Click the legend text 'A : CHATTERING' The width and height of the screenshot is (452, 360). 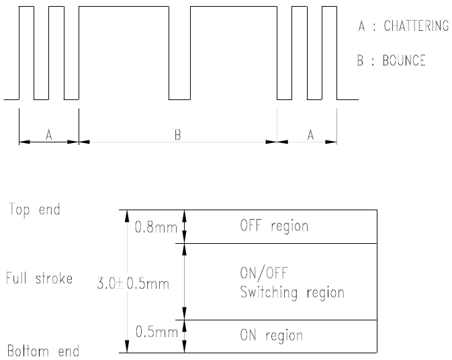(403, 26)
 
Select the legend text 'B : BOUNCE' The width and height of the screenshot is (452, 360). (392, 60)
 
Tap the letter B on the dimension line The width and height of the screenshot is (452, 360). (178, 135)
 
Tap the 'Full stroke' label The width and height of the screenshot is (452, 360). (39, 278)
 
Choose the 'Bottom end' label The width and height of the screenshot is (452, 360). (43, 351)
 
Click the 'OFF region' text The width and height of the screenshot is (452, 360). (274, 226)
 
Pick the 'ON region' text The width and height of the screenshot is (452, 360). (271, 335)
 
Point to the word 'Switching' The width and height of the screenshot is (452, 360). (265, 293)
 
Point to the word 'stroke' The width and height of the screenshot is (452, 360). (54, 278)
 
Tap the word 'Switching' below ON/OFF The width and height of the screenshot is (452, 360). (265, 293)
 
